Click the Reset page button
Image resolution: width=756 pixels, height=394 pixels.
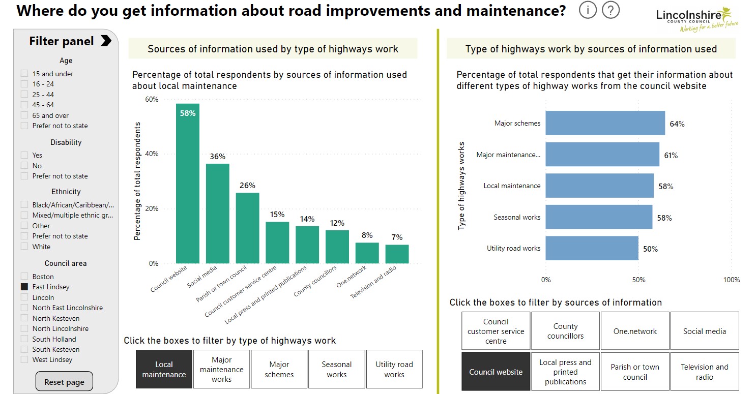pos(64,382)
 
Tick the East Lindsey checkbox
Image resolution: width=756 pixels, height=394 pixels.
pos(24,287)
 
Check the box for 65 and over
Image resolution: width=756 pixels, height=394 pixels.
pos(24,115)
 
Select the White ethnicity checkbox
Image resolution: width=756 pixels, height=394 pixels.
pos(24,247)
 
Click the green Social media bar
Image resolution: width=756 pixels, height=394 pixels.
pos(217,214)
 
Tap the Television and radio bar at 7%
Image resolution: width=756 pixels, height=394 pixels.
pos(397,254)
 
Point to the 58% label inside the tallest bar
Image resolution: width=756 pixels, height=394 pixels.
pos(188,113)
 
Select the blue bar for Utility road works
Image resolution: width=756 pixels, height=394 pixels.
pos(592,249)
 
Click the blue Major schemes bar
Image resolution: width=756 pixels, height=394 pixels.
pos(605,124)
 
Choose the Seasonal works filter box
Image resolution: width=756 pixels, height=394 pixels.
pos(336,370)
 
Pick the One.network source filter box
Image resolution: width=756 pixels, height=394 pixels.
pos(635,331)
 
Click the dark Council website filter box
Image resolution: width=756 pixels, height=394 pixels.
pos(496,372)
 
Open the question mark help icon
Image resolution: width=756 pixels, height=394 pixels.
pos(610,10)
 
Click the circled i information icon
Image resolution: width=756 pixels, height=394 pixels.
pos(588,10)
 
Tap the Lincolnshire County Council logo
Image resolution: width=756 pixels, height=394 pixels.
pos(696,19)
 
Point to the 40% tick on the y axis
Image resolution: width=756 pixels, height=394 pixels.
pos(152,154)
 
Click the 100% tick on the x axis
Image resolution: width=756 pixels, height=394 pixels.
pos(732,280)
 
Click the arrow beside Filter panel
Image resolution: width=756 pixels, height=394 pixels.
pos(106,41)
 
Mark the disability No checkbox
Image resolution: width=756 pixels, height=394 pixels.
pos(24,166)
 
